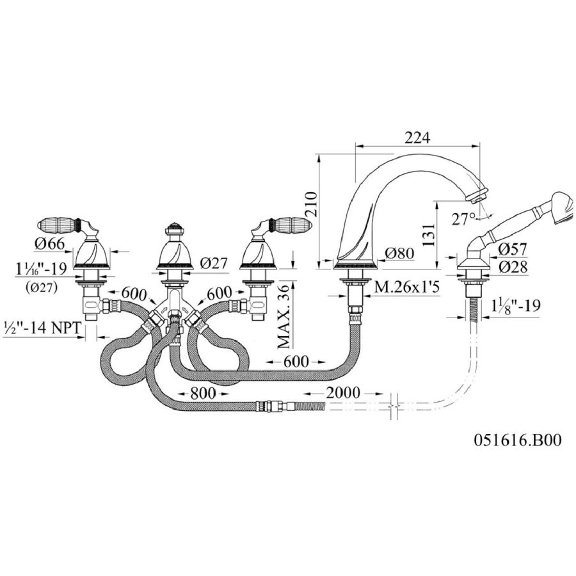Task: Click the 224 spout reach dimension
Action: coord(417,138)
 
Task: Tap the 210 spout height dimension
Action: coord(310,205)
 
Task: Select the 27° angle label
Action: coord(463,220)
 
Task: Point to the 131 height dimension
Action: coord(428,235)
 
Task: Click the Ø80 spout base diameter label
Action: coord(399,253)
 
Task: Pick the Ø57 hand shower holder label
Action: coord(513,249)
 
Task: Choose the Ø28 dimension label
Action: coord(513,267)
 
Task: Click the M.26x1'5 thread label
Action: coord(406,287)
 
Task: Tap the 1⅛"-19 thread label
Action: coord(516,305)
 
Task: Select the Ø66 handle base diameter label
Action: coord(50,244)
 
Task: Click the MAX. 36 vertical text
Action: coord(284,317)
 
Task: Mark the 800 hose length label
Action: coord(202,394)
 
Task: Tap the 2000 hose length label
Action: coord(343,393)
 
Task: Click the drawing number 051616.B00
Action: coord(518,440)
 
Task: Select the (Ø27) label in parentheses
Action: coord(42,289)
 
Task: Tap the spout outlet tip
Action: coord(477,197)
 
